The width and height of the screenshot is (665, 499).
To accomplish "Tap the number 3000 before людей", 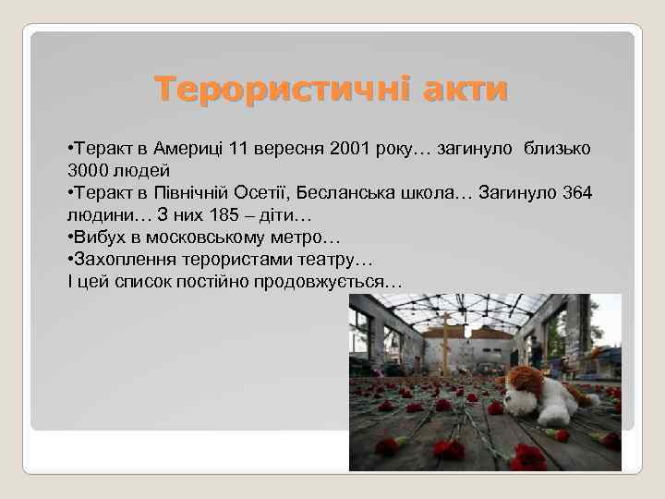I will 90,171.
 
